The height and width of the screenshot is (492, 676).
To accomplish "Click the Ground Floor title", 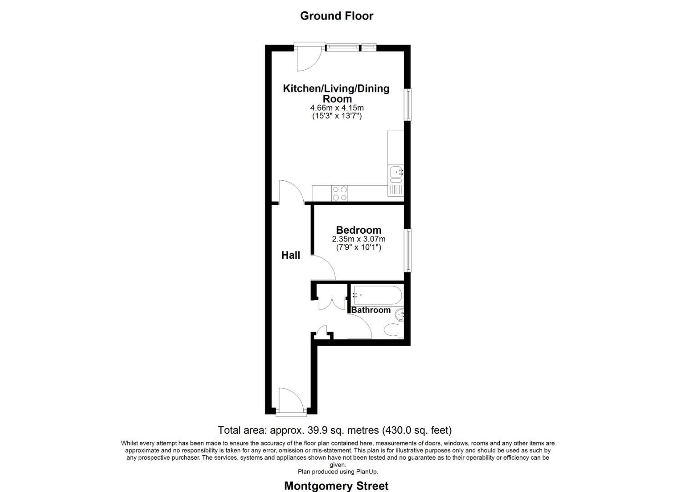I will (x=336, y=16).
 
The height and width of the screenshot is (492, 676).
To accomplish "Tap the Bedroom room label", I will (x=358, y=230).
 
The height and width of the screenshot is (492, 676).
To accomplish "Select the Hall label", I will (x=290, y=255).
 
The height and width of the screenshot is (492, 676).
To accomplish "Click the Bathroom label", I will (x=371, y=310).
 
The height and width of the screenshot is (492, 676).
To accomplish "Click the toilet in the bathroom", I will (x=392, y=330).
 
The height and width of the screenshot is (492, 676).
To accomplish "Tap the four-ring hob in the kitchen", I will (x=339, y=193).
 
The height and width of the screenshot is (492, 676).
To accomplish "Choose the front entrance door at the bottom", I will (x=291, y=401).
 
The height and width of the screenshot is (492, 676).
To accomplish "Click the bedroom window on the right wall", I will (x=408, y=251).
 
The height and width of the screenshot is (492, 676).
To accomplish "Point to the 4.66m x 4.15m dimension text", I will (x=337, y=108).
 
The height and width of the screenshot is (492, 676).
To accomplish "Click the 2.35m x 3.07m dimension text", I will (x=358, y=239).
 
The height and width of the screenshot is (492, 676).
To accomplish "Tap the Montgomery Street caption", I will (x=336, y=486).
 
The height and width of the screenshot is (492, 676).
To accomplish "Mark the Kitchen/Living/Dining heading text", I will (x=336, y=88).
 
